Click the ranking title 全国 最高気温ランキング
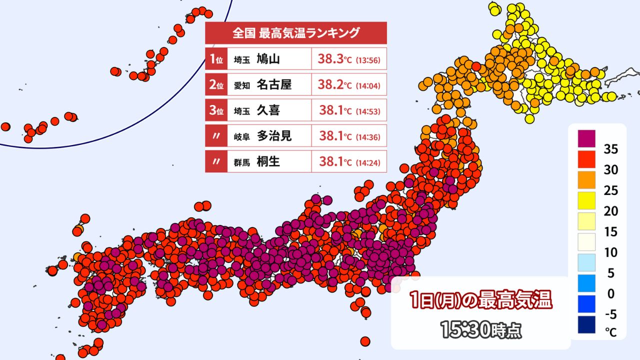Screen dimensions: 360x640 pyautogui.click(x=296, y=33)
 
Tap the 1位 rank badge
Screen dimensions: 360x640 pyautogui.click(x=216, y=59)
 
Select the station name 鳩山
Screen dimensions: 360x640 pyautogui.click(x=268, y=59)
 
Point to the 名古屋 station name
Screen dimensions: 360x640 pyautogui.click(x=274, y=85)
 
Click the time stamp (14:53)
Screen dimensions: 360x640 pyautogui.click(x=368, y=111)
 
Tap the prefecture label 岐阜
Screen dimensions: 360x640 pyautogui.click(x=242, y=136)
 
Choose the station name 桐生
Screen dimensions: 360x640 pyautogui.click(x=268, y=161)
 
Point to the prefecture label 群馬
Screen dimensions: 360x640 pyautogui.click(x=242, y=162)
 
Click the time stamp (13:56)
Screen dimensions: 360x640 pyautogui.click(x=368, y=60)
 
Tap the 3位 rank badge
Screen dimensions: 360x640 pyautogui.click(x=216, y=110)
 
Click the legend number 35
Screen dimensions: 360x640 pyautogui.click(x=610, y=149)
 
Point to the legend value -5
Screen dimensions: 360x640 pyautogui.click(x=610, y=314)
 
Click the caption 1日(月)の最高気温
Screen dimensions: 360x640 pyautogui.click(x=480, y=301)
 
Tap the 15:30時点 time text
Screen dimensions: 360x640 pyautogui.click(x=480, y=330)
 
